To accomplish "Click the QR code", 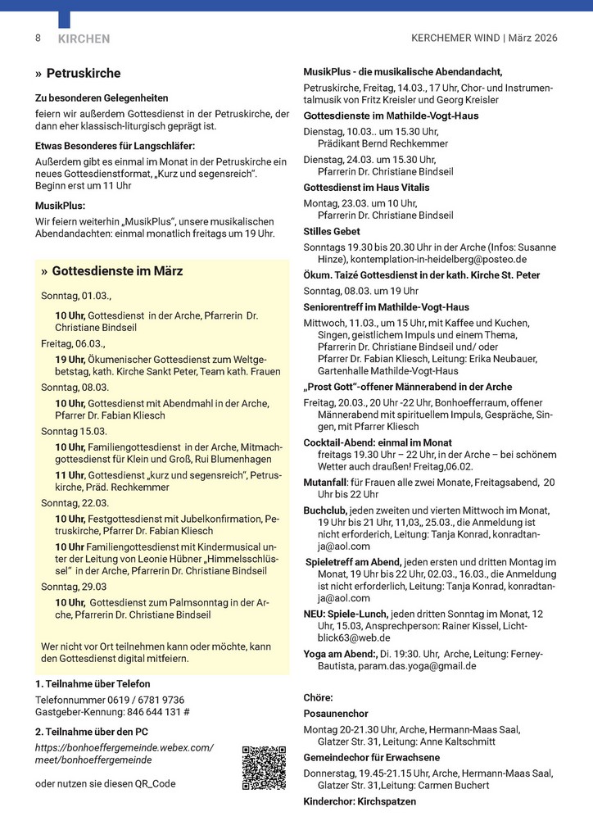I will click(x=263, y=768).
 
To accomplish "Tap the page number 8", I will click(x=38, y=39).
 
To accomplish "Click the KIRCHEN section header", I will click(x=84, y=39).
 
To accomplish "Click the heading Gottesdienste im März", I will click(x=117, y=271).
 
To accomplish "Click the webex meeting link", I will click(x=124, y=754).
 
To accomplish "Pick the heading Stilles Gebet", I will click(x=331, y=232).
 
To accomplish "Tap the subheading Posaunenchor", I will click(x=336, y=714).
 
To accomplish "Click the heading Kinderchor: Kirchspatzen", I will click(x=360, y=801).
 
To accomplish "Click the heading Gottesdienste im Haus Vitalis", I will click(x=366, y=188).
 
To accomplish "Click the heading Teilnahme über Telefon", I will click(x=93, y=683).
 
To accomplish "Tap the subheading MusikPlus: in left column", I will click(x=60, y=206).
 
